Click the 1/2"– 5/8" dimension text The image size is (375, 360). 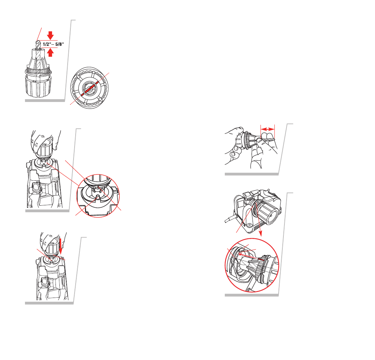pyautogui.click(x=53, y=44)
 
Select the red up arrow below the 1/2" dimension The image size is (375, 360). pyautogui.click(x=50, y=53)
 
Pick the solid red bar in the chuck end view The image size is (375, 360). pyautogui.click(x=89, y=88)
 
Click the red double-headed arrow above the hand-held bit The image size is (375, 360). pyautogui.click(x=267, y=129)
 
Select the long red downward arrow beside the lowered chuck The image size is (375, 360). pyautogui.click(x=60, y=246)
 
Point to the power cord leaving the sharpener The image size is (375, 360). pyautogui.click(x=230, y=219)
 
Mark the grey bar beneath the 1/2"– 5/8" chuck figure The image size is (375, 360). pyautogui.click(x=45, y=101)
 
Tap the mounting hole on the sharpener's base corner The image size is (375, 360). pyautogui.click(x=249, y=225)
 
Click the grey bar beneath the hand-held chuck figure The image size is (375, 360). pyautogui.click(x=252, y=174)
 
